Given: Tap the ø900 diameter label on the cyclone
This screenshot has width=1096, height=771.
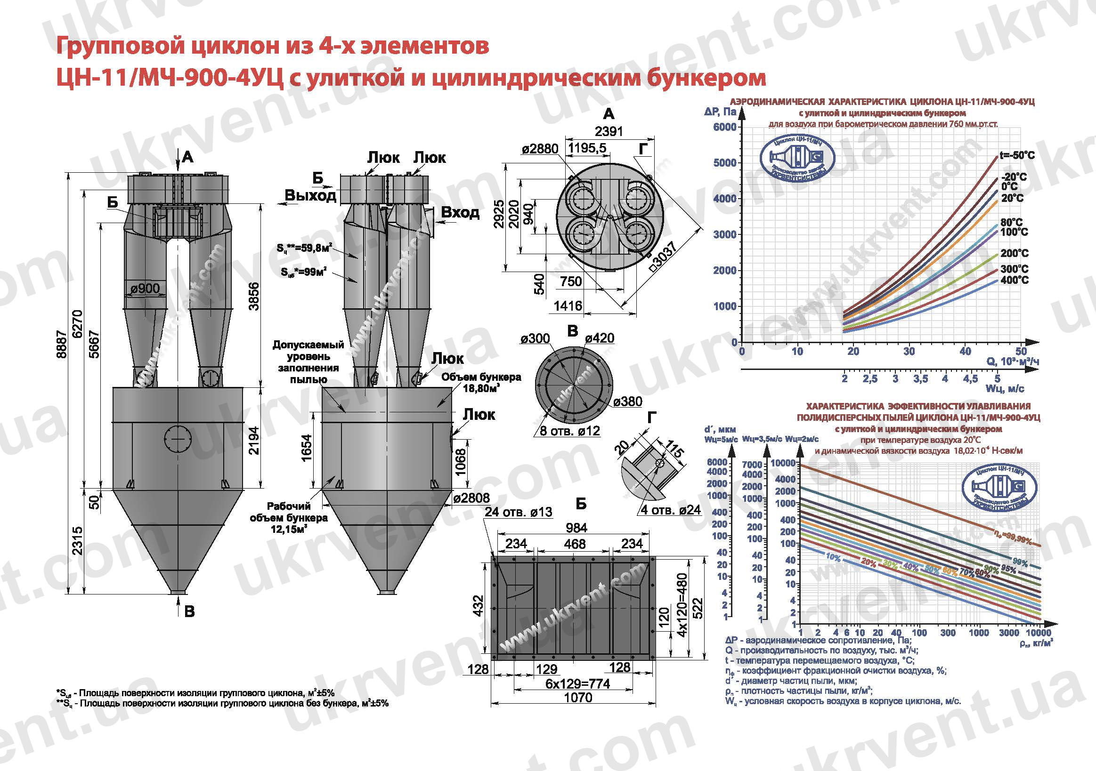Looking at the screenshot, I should pos(145,288).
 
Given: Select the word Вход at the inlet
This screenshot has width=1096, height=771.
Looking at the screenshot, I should pos(460,212).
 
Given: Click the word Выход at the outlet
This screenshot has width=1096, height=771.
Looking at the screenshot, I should pos(310,196).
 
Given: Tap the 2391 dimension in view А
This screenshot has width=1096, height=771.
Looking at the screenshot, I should pos(609,131).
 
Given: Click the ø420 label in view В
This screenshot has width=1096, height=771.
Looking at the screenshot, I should pos(600,338).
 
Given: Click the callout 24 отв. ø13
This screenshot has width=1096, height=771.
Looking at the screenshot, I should pos(519,512).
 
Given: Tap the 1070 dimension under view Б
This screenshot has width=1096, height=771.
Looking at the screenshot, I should pos(578,698).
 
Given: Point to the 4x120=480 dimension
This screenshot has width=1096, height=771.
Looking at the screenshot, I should pos(682,604).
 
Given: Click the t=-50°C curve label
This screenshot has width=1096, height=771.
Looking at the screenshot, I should pos(1017,155).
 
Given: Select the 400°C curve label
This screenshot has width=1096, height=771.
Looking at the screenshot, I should pos(1015,280).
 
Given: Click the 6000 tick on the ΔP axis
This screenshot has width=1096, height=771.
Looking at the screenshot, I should pos(724,127).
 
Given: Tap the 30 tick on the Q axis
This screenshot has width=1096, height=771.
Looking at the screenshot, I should pos(909,352).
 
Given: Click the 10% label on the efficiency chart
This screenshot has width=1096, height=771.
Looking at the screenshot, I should pos(833,557).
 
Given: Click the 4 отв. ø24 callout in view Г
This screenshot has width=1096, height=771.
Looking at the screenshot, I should pos(670,510).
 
